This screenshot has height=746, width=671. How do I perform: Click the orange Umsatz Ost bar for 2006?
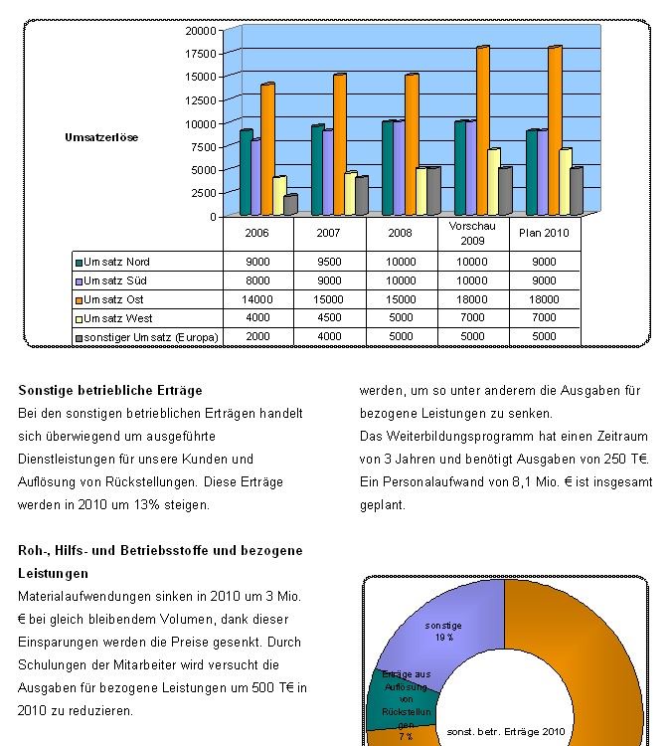(x=267, y=149)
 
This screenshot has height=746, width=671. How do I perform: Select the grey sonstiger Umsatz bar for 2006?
(x=290, y=205)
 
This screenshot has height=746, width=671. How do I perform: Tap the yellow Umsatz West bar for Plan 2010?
(x=566, y=182)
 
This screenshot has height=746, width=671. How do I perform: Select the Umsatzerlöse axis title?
(x=101, y=137)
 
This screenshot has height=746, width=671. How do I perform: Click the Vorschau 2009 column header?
(x=472, y=234)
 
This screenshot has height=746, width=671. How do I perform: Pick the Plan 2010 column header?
(x=544, y=234)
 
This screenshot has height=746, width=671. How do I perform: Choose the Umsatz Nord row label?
(x=116, y=262)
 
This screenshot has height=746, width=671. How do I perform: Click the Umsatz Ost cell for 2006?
(x=257, y=299)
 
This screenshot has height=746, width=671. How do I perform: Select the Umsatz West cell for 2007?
(x=329, y=318)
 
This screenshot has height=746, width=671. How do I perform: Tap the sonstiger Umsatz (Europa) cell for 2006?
(x=257, y=337)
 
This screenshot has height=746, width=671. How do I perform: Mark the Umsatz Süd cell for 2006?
(x=257, y=280)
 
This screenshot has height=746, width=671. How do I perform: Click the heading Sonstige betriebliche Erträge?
(x=109, y=390)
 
